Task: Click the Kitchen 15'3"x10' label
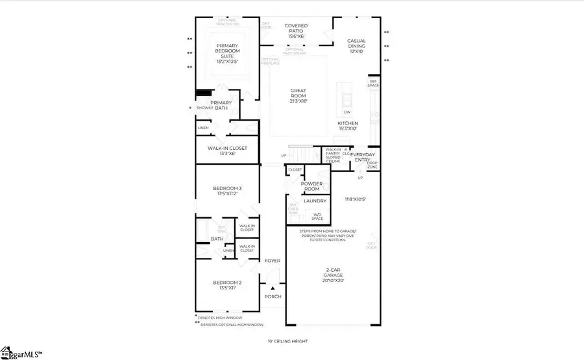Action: pyautogui.click(x=347, y=126)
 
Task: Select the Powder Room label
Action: pyautogui.click(x=316, y=186)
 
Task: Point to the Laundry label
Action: pyautogui.click(x=315, y=201)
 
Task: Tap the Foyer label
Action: pyautogui.click(x=273, y=261)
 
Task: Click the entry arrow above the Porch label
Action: pyautogui.click(x=273, y=287)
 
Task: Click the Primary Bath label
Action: pyautogui.click(x=221, y=105)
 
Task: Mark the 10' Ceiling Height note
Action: pyautogui.click(x=287, y=341)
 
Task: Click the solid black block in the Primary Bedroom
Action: pyautogui.click(x=204, y=93)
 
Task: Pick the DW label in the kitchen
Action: pyautogui.click(x=347, y=112)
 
